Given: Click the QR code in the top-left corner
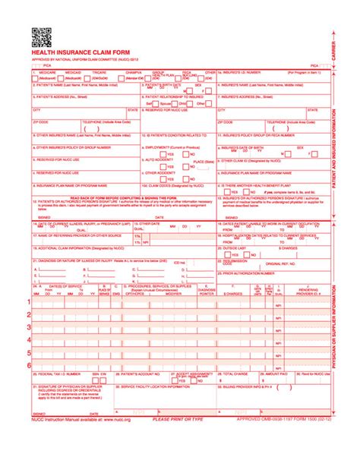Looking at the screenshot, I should point(40,36).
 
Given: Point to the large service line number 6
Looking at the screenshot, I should point(30,365).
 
